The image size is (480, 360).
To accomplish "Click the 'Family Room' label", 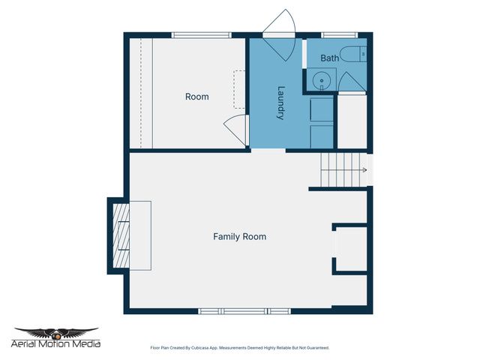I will point(239,236).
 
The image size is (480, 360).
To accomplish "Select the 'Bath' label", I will point(329,58).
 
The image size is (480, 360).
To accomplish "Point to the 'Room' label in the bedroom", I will point(197,97).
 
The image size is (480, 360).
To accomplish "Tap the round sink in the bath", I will point(321,80).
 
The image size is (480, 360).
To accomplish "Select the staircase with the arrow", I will point(343,170).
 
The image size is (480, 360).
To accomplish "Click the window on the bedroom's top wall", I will point(201,34).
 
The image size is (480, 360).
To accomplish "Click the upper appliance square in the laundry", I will point(322,109).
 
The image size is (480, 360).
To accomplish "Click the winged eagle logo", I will point(56,332).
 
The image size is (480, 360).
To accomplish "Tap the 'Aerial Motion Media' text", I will point(56,344).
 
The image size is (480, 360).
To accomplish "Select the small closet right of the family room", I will point(350,247).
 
